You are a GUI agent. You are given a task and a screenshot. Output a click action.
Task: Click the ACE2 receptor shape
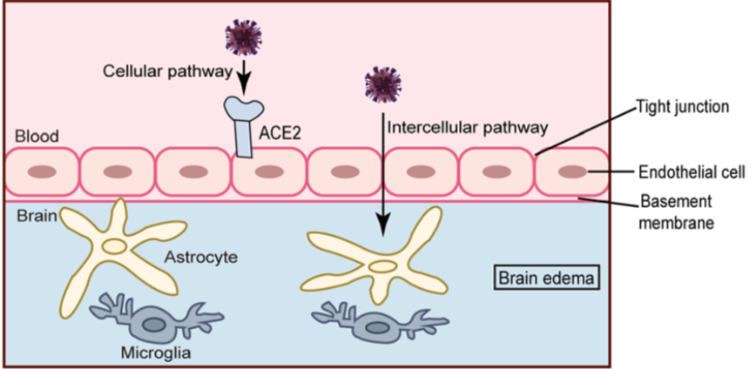(x=244, y=126)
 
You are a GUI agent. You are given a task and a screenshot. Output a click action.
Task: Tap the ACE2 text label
(x=280, y=132)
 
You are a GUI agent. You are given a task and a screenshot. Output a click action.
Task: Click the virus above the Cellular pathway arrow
(x=244, y=36)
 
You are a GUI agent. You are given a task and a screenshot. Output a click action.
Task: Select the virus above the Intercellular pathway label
(x=383, y=84)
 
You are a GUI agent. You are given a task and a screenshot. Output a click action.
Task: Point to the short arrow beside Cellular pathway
(x=244, y=76)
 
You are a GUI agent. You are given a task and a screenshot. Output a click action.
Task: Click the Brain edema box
(x=547, y=278)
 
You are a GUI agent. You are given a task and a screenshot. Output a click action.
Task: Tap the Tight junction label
(x=682, y=106)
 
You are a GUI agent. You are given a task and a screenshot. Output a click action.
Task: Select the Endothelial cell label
(x=692, y=172)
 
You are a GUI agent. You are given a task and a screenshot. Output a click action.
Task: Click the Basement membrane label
(x=677, y=212)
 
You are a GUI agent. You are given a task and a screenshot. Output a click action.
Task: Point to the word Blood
(x=37, y=137)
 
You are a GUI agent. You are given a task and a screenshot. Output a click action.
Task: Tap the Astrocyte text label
(x=201, y=258)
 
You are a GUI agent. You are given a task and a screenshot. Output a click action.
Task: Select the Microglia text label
(x=156, y=353)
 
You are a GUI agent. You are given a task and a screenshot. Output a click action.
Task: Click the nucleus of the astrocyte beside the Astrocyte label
(x=114, y=246)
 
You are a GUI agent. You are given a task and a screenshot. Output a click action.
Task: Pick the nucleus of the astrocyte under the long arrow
(x=383, y=266)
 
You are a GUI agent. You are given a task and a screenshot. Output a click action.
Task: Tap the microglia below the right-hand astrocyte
(x=377, y=324)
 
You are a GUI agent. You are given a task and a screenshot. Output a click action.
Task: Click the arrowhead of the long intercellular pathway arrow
(x=383, y=225)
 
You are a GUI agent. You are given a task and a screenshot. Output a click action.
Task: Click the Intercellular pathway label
(x=468, y=128)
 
